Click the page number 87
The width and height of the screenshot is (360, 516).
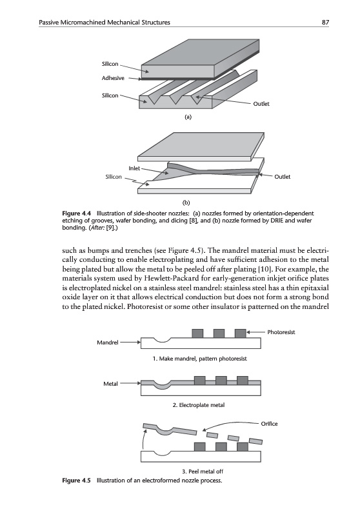(325, 23)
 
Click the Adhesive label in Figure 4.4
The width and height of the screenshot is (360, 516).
(113, 78)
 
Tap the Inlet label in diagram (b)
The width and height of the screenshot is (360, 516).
(134, 168)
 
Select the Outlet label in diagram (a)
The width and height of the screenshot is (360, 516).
(261, 104)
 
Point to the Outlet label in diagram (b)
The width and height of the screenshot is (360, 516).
(283, 177)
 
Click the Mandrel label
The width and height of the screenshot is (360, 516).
(108, 342)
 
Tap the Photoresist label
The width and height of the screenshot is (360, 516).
(281, 332)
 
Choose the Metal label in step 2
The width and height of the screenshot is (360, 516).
(110, 384)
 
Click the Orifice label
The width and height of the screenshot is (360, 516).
(269, 424)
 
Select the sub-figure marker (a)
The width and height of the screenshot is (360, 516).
(188, 117)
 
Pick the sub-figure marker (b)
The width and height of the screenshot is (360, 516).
(187, 203)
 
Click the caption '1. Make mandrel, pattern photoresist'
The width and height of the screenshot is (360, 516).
(200, 359)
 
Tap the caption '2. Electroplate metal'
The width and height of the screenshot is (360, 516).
(199, 405)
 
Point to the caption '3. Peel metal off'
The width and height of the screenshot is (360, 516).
(203, 471)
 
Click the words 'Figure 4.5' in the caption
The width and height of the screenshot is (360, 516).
(76, 481)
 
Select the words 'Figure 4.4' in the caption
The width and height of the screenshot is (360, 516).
(76, 213)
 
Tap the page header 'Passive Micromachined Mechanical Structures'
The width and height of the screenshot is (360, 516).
(105, 23)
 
